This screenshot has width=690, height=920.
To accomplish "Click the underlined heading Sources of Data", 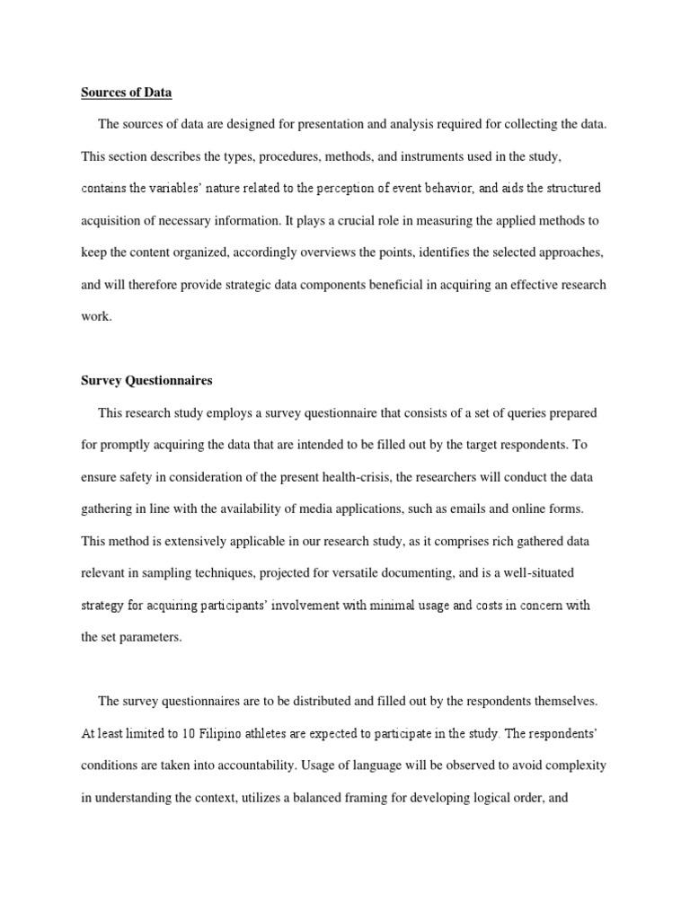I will (127, 92).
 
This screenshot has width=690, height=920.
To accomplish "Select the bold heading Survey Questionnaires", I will (146, 380).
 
